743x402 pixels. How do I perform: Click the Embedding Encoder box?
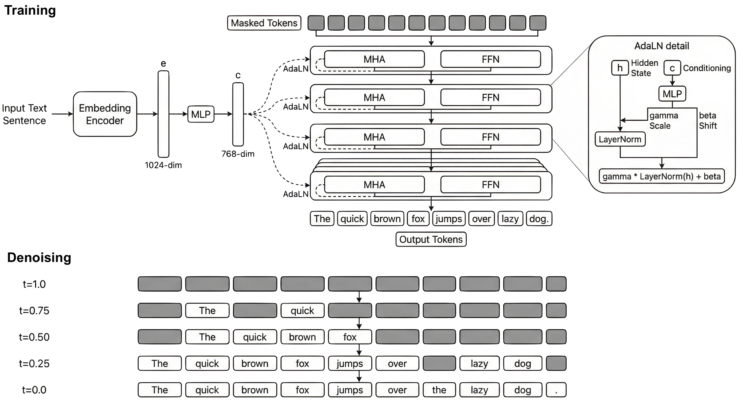coord(105,114)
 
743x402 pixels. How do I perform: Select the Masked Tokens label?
coord(264,23)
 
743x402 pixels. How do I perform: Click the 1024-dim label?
coord(163,165)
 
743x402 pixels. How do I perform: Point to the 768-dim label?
coord(238,154)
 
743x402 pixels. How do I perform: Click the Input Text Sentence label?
coord(24,114)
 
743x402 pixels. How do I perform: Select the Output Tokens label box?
coord(431,239)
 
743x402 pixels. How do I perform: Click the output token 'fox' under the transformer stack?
coord(418,218)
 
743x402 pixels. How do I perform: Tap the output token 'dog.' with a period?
coord(539,218)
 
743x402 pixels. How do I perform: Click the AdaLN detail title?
coord(662,46)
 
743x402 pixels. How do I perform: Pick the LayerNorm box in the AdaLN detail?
coord(620,139)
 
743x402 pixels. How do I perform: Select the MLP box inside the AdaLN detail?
coord(672,94)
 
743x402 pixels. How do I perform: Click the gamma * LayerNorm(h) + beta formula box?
coord(662,176)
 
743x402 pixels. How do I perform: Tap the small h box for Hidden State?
coord(620,68)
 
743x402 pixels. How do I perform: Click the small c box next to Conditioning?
coord(672,68)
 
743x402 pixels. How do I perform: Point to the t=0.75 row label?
coord(34,311)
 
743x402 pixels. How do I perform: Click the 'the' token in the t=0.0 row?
coord(439,390)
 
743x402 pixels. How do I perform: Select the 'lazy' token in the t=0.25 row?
coord(479,363)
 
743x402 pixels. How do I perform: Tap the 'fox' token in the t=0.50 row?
coord(350,337)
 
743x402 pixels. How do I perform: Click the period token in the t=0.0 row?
coord(556,390)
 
